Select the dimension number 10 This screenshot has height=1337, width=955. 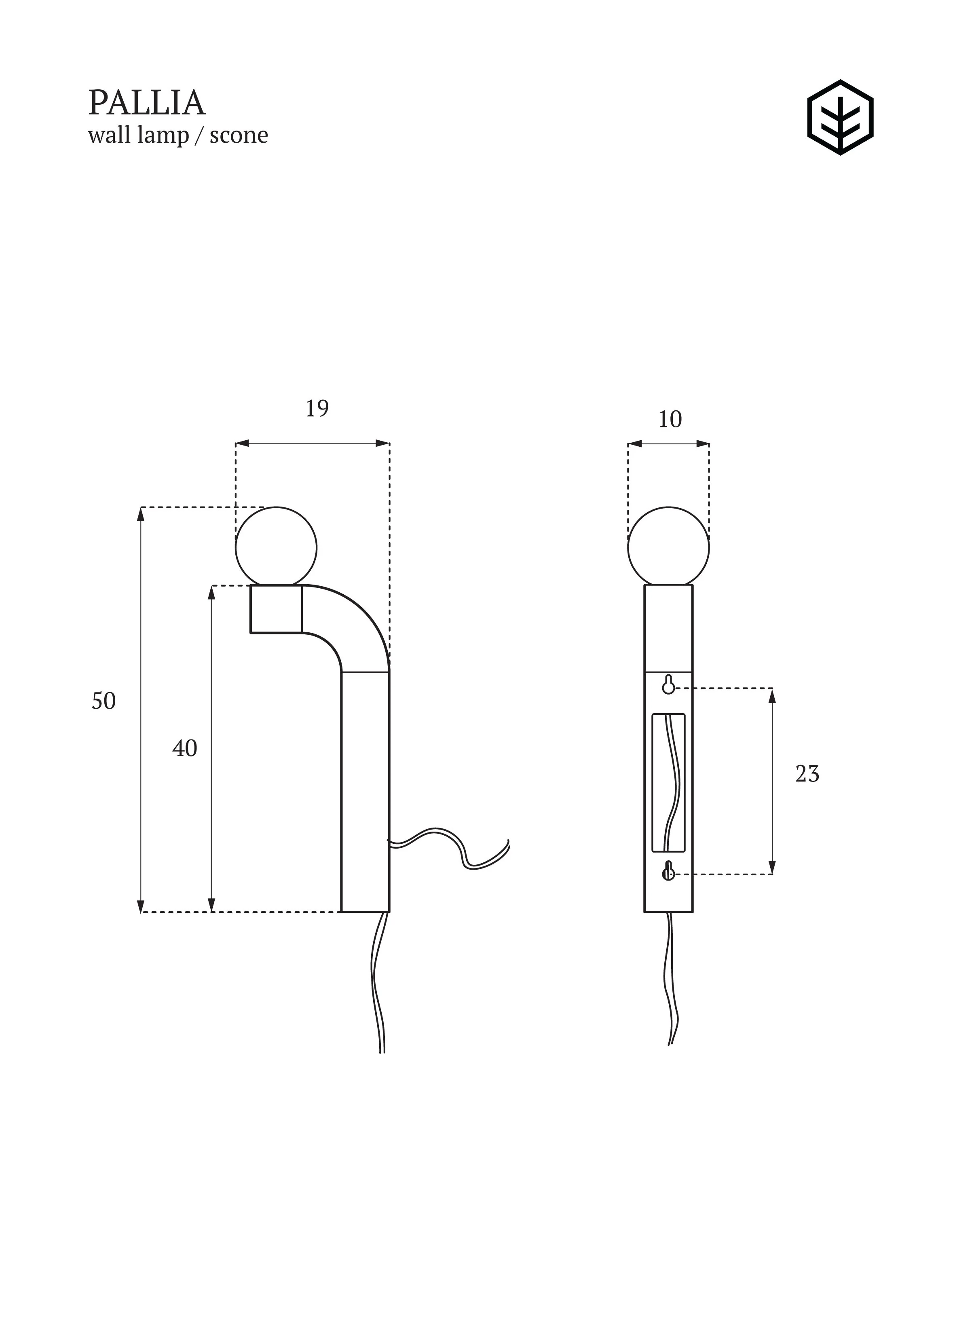click(670, 420)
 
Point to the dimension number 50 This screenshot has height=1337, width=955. click(104, 701)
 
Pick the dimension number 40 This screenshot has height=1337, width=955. click(185, 748)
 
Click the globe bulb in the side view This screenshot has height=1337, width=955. click(277, 547)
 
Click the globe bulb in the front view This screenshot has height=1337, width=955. click(669, 547)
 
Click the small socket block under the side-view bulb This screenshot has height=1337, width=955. click(277, 609)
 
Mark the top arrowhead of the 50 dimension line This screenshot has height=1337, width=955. click(141, 514)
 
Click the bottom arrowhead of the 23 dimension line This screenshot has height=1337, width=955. click(772, 867)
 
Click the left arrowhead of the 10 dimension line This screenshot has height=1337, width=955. click(634, 444)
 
